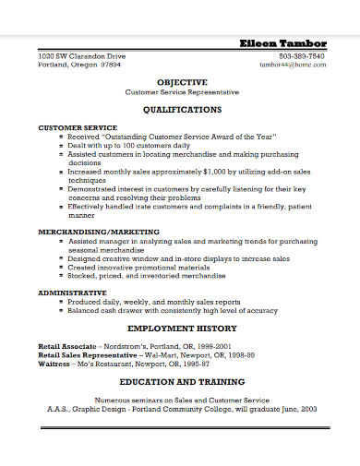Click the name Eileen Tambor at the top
pos(282,43)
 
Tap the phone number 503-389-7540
pos(304,56)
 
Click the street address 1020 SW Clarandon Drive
pos(81,56)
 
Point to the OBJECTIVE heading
pos(182,81)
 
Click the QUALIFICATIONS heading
pos(182,108)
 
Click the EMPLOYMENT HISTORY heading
pos(182,328)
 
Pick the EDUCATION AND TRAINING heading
pos(182,381)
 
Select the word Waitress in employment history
pos(54,362)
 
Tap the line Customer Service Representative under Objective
pos(182,92)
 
